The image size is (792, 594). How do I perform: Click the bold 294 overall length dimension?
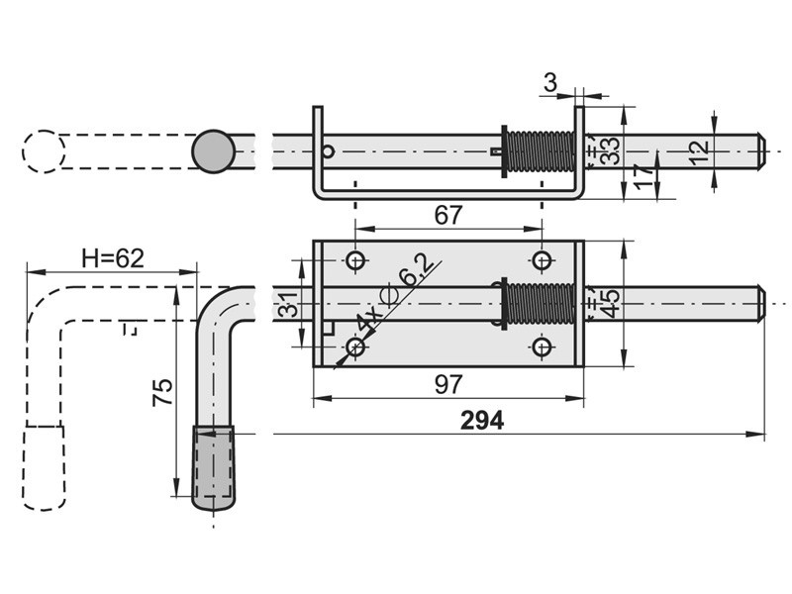point(482,421)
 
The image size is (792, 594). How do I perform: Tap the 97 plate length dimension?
point(448,386)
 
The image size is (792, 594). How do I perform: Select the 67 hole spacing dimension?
point(448,215)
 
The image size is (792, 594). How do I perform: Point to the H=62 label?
point(113,258)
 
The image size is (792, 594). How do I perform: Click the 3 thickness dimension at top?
point(549,83)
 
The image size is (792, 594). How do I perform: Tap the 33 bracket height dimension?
point(611,150)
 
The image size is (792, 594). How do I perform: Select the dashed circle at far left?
point(43,151)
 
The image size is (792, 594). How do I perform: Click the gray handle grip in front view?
point(213,468)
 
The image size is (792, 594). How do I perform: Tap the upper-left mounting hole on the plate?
point(355,260)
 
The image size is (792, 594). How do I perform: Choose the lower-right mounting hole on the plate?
point(541,347)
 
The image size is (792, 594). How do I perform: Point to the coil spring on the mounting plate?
point(540,304)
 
